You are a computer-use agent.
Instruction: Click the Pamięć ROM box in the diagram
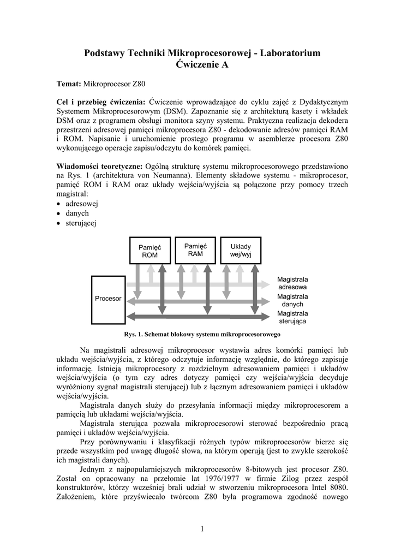[150, 251]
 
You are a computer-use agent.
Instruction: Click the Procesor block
[108, 299]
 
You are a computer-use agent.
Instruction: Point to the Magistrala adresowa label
[292, 283]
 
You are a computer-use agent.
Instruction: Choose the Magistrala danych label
[292, 300]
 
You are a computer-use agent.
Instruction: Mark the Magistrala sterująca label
[292, 318]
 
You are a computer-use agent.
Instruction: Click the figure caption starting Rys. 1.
[202, 334]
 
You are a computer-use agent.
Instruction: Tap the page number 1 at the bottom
[202, 528]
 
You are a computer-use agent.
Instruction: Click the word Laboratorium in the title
[290, 53]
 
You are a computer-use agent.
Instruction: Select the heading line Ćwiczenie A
[202, 65]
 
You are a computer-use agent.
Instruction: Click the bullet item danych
[77, 213]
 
